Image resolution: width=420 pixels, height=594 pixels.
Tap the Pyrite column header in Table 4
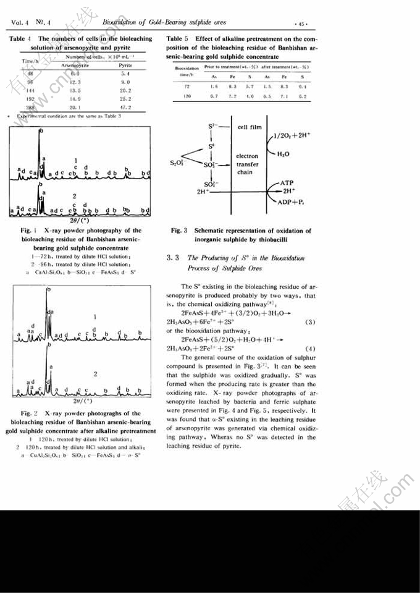click(x=125, y=64)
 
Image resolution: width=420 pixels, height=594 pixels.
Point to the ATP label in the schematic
click(x=287, y=184)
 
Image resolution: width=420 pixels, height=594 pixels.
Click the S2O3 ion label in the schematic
click(x=176, y=163)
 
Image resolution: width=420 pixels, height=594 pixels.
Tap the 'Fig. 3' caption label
click(x=180, y=231)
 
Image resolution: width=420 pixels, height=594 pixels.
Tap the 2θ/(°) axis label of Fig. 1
click(x=82, y=218)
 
